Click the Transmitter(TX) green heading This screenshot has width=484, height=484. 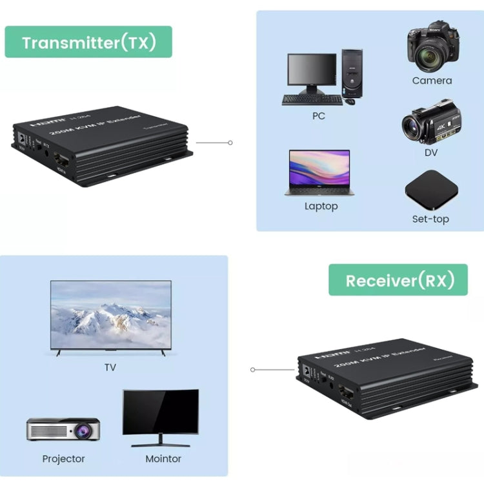pos(88,43)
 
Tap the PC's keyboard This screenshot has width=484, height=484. pos(312,100)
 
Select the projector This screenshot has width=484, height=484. pos(63,429)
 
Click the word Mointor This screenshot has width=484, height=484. pos(163,459)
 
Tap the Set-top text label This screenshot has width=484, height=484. pos(430,219)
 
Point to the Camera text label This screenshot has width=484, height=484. pos(432,81)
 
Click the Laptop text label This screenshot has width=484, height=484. pos(321,207)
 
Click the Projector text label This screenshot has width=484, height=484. pos(63,459)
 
